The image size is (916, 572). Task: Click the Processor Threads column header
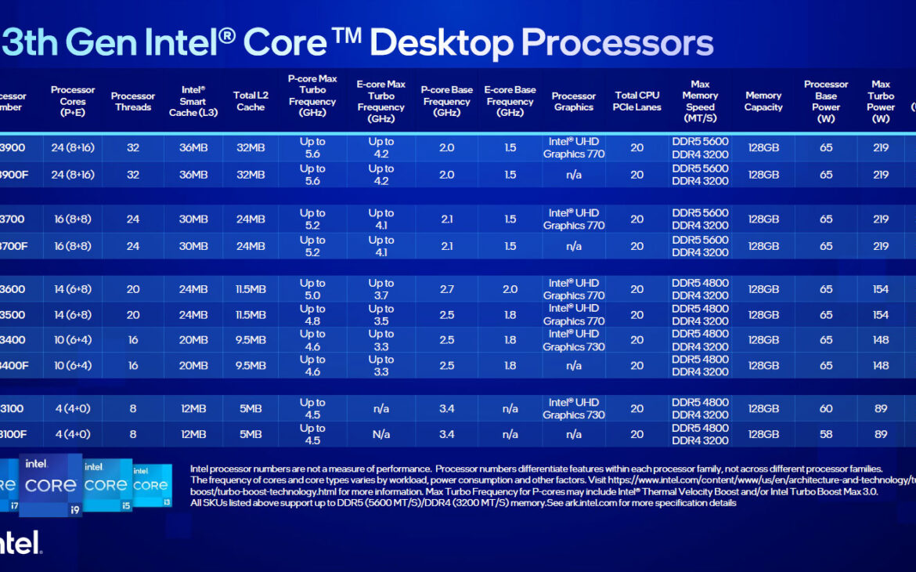click(x=133, y=102)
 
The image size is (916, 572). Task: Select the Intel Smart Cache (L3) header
click(x=193, y=102)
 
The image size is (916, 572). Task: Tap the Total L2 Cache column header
click(x=251, y=102)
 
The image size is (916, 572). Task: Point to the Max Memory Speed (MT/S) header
click(x=700, y=102)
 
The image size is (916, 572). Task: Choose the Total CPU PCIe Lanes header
click(x=637, y=102)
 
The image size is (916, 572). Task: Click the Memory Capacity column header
click(x=763, y=102)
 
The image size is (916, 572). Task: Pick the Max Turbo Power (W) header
click(x=881, y=102)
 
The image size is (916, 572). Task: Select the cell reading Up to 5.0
click(x=312, y=289)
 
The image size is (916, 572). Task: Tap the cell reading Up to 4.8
click(x=312, y=315)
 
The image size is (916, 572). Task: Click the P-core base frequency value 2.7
click(x=447, y=289)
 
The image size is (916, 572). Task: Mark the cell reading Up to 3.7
click(x=381, y=289)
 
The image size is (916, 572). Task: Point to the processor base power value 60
click(x=826, y=409)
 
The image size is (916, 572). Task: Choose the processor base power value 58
click(x=826, y=434)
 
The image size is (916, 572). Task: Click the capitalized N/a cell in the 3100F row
click(x=381, y=434)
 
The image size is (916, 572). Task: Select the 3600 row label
click(x=13, y=289)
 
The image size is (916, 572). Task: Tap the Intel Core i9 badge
click(x=50, y=485)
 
